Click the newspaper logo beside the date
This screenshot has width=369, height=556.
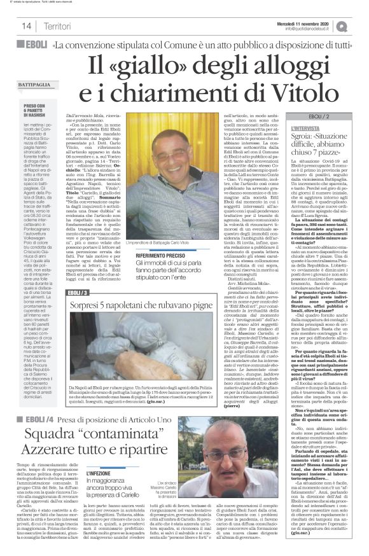pos(359,25)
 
